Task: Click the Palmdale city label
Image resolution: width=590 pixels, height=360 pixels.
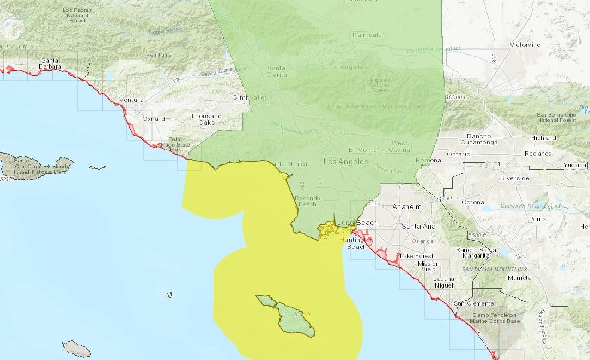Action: pyautogui.click(x=367, y=35)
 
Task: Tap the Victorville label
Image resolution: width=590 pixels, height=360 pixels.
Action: pyautogui.click(x=525, y=45)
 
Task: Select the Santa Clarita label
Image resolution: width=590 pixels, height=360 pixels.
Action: pyautogui.click(x=277, y=71)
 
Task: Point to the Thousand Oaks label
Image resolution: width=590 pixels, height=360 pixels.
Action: pyautogui.click(x=206, y=119)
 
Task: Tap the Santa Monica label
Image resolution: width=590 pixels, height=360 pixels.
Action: pyautogui.click(x=288, y=164)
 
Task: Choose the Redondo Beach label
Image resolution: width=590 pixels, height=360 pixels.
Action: pyautogui.click(x=306, y=201)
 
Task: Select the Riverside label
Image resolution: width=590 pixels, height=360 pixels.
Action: pyautogui.click(x=515, y=178)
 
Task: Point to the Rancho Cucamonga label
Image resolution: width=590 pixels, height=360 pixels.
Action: pyautogui.click(x=478, y=139)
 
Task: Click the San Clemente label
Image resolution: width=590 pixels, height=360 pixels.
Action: pyautogui.click(x=474, y=303)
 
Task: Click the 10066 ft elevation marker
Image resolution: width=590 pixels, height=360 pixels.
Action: pyautogui.click(x=457, y=97)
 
